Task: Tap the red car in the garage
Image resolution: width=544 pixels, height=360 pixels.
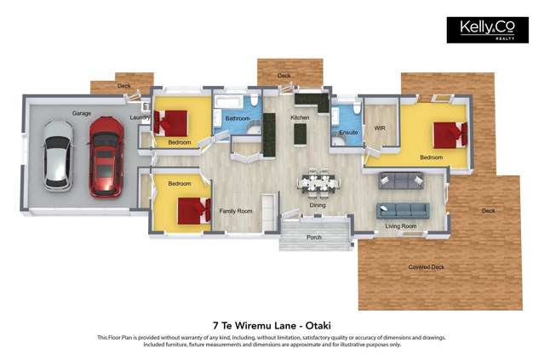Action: pos(106,156)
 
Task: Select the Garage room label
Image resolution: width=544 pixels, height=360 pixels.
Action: pos(82,113)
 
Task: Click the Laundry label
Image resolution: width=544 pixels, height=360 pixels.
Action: pos(140,118)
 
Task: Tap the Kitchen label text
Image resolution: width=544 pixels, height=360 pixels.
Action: pos(300,117)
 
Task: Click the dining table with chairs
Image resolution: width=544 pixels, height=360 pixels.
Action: pos(318,181)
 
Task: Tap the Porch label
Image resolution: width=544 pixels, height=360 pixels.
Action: pos(314,237)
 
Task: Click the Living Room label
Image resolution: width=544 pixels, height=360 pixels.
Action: pos(400,226)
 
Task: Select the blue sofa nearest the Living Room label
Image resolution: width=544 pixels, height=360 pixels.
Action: pos(404,209)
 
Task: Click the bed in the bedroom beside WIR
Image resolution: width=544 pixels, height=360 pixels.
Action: pos(449,134)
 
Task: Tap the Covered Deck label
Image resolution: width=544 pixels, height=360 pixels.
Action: pos(426,267)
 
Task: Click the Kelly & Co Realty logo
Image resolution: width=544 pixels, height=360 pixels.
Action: pos(487,30)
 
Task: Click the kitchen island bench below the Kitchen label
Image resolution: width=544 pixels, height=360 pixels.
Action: pos(300,134)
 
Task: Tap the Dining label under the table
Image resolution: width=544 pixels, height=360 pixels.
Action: pos(317,205)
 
